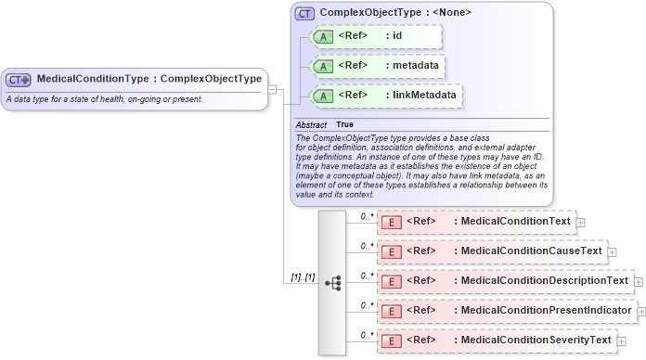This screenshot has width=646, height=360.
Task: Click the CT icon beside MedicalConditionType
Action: [19, 80]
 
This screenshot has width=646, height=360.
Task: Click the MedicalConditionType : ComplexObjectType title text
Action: [149, 79]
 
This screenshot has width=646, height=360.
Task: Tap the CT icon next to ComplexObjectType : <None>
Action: [304, 14]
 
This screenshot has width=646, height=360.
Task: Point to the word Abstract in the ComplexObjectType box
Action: [311, 124]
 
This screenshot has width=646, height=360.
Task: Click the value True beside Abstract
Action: [344, 124]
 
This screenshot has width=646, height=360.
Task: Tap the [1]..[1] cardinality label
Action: [303, 277]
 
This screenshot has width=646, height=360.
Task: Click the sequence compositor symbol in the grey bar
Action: [332, 283]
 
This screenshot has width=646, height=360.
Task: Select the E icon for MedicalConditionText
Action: [392, 223]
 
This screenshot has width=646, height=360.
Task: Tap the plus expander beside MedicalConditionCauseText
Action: [612, 251]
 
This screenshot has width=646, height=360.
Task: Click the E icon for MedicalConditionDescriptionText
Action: [392, 280]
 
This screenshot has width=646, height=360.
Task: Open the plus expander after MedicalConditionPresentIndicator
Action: [641, 310]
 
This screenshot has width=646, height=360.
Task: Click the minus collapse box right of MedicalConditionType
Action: [272, 89]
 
